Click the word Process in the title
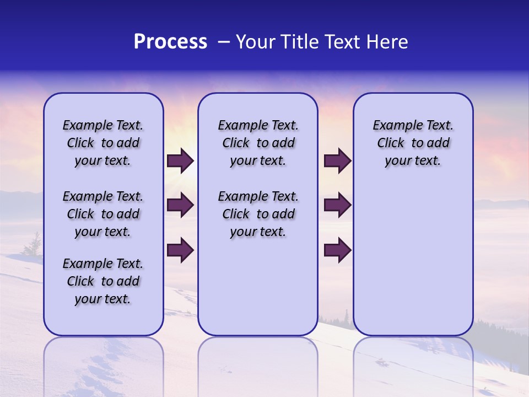click(170, 42)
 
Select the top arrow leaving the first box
click(180, 161)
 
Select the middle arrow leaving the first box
click(180, 206)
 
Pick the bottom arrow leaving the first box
click(180, 250)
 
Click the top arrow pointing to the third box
click(337, 161)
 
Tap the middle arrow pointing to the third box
click(337, 206)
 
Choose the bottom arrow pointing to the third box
click(337, 250)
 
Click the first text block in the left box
click(103, 143)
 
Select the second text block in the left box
click(103, 214)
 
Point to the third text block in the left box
click(103, 281)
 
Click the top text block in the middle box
click(258, 143)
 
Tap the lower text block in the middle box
click(258, 214)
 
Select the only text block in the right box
click(413, 143)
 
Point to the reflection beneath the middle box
click(258, 364)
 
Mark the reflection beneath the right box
click(413, 364)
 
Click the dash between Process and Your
click(224, 42)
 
